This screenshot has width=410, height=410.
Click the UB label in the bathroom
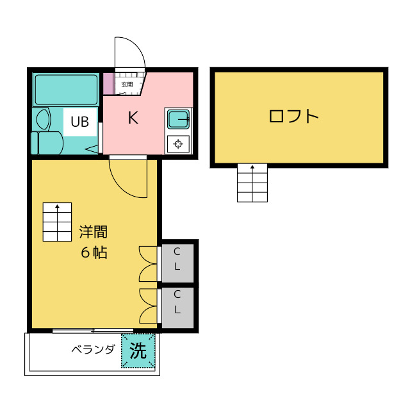tap(80, 122)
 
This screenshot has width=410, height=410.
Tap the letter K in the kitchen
tap(133, 118)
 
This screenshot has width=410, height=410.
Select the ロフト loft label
tap(294, 117)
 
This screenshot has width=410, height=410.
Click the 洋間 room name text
tap(93, 231)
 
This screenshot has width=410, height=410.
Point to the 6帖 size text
tap(94, 252)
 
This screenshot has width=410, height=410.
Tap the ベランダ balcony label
tap(93, 350)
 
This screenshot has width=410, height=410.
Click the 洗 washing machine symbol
tap(138, 351)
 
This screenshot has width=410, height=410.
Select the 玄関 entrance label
tap(127, 84)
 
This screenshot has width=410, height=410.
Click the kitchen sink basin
tap(177, 119)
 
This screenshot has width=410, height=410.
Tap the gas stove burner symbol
tap(177, 143)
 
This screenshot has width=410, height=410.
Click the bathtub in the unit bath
tap(66, 90)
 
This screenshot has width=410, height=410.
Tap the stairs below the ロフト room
tap(252, 183)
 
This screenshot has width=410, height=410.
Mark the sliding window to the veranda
tap(93, 331)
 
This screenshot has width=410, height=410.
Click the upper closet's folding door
tap(149, 263)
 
